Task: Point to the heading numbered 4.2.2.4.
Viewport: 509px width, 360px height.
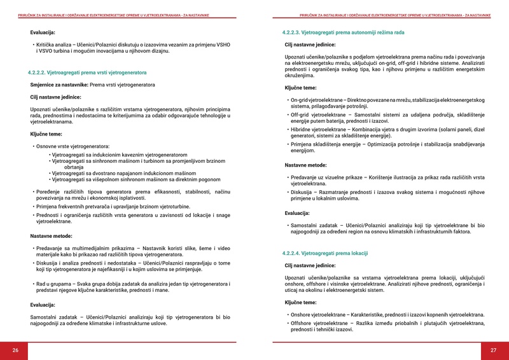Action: (325, 253)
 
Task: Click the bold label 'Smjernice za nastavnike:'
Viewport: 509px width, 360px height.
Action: (59, 85)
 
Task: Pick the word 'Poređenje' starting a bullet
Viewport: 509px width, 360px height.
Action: (49, 191)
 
